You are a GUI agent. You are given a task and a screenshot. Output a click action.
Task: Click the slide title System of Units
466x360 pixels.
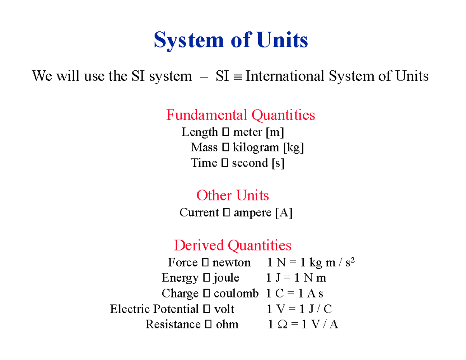tap(231, 40)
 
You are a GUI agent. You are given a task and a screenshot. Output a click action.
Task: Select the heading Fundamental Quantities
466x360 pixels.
tap(240, 115)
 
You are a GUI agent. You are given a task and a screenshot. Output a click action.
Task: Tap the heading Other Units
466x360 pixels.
tap(233, 195)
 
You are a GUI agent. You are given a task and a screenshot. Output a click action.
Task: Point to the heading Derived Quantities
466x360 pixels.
tap(232, 245)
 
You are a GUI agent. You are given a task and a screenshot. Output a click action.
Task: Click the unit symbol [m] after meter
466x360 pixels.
tap(275, 132)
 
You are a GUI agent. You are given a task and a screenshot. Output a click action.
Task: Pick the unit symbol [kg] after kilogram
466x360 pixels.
tap(293, 148)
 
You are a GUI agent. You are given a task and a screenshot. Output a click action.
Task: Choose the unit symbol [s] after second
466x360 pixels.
tap(278, 163)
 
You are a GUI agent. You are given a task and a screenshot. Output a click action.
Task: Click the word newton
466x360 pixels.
tap(231, 263)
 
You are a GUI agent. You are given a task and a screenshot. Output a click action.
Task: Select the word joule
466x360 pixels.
tap(226, 278)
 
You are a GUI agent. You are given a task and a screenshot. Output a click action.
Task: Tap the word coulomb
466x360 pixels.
tap(236, 294)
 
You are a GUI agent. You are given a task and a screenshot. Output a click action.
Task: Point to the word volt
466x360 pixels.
tap(224, 309)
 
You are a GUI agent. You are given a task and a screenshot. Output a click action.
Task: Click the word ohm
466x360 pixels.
tap(227, 324)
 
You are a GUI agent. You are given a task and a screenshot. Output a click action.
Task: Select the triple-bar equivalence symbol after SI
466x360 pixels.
tap(237, 77)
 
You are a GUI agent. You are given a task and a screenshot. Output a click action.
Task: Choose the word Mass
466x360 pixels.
tap(204, 148)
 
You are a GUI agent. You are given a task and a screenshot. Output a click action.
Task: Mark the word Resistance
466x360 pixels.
tap(173, 324)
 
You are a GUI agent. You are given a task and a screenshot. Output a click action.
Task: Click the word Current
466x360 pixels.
tap(199, 213)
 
